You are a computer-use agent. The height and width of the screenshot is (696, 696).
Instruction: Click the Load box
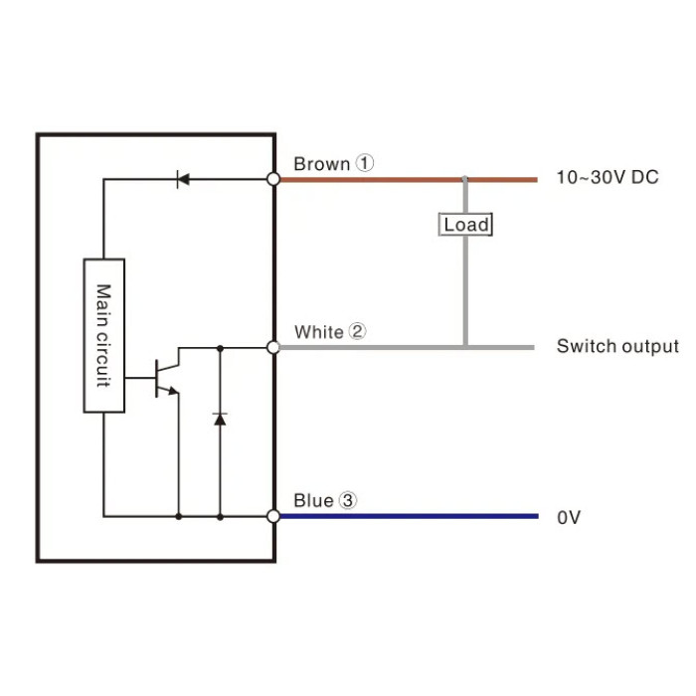465,225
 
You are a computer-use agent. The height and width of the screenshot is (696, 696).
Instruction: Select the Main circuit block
103,336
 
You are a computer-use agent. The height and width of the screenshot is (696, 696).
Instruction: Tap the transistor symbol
167,378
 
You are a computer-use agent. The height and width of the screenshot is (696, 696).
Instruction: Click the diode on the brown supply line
182,179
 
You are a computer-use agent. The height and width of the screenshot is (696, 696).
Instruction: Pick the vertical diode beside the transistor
220,419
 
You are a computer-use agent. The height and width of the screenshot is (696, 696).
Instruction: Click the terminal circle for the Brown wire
273,179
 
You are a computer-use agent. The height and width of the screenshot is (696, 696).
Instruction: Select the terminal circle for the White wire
273,347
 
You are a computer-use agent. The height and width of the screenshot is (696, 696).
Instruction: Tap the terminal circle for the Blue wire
273,516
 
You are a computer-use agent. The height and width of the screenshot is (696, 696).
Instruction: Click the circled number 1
365,163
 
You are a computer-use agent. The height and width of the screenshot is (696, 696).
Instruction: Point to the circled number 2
357,331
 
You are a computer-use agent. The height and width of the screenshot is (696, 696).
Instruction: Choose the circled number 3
348,500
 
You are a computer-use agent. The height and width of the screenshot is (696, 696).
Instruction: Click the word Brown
322,164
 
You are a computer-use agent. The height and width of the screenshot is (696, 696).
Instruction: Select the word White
319,332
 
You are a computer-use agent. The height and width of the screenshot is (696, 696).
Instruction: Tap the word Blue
313,501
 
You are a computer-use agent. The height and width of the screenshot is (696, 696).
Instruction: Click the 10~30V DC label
608,177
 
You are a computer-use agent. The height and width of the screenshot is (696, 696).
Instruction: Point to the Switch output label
617,346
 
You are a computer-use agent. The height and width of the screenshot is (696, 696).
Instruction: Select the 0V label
569,517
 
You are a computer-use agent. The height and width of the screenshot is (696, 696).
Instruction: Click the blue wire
409,516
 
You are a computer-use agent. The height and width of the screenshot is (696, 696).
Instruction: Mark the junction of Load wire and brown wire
465,179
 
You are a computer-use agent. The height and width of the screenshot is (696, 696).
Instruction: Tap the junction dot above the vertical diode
220,348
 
